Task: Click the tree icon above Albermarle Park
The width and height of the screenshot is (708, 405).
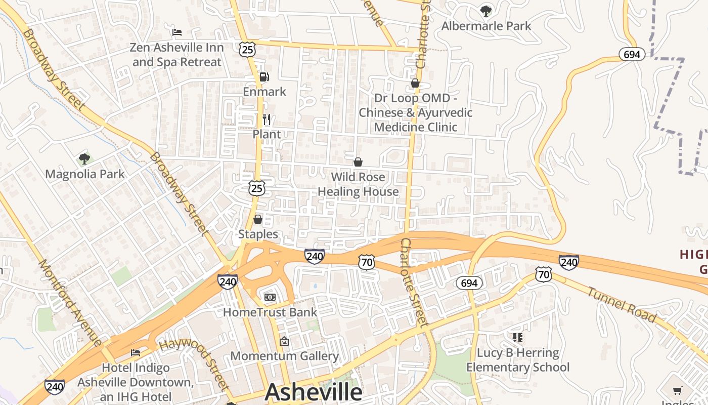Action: pos(486,10)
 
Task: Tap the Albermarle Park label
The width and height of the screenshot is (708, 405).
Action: pos(486,26)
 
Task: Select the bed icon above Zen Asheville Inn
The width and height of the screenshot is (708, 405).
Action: pos(177,32)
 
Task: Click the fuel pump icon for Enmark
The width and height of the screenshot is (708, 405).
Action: pos(264,77)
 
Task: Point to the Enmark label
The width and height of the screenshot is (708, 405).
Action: pos(264,92)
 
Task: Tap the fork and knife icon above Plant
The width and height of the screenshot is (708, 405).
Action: pos(267,119)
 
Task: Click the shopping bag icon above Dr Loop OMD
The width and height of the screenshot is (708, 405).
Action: pos(415,83)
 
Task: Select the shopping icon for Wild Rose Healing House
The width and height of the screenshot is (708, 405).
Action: pos(358,162)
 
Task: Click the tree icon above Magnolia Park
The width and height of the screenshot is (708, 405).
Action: pos(84,159)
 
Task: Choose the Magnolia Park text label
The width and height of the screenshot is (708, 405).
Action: pos(85,174)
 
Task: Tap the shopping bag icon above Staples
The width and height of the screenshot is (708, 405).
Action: pos(258,219)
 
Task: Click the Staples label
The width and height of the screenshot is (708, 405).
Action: pos(258,234)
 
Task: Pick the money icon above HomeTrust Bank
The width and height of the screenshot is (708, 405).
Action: pos(270,297)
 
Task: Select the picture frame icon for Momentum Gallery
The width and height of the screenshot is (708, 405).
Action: pos(284,341)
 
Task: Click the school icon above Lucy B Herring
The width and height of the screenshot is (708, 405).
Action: pos(517,337)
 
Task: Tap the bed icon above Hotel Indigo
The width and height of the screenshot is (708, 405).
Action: pos(136,352)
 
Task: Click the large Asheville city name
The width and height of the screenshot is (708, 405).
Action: pos(314,392)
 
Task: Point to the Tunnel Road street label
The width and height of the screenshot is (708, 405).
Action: pos(622,304)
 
